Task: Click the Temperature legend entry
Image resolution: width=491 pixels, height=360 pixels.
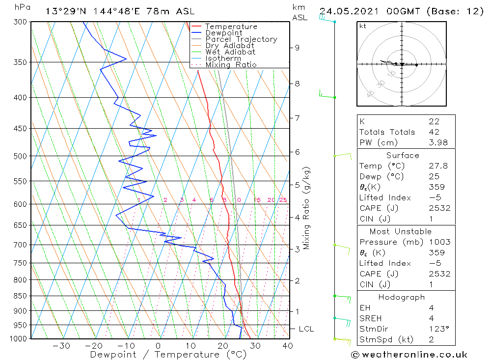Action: point(231,27)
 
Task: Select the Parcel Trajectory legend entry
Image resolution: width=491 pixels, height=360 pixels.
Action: point(241,39)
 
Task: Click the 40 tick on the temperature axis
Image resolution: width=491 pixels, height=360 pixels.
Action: point(287,346)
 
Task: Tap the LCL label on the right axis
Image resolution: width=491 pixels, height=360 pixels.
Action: point(306,329)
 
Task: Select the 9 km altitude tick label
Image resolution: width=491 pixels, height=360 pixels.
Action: point(297,48)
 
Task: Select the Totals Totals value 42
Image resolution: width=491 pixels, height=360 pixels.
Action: point(434,132)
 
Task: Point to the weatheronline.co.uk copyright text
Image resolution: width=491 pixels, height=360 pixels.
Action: point(409,355)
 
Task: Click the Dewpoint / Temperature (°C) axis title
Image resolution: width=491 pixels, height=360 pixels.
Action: point(168,355)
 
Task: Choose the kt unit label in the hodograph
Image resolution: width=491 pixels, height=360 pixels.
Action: point(363,26)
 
